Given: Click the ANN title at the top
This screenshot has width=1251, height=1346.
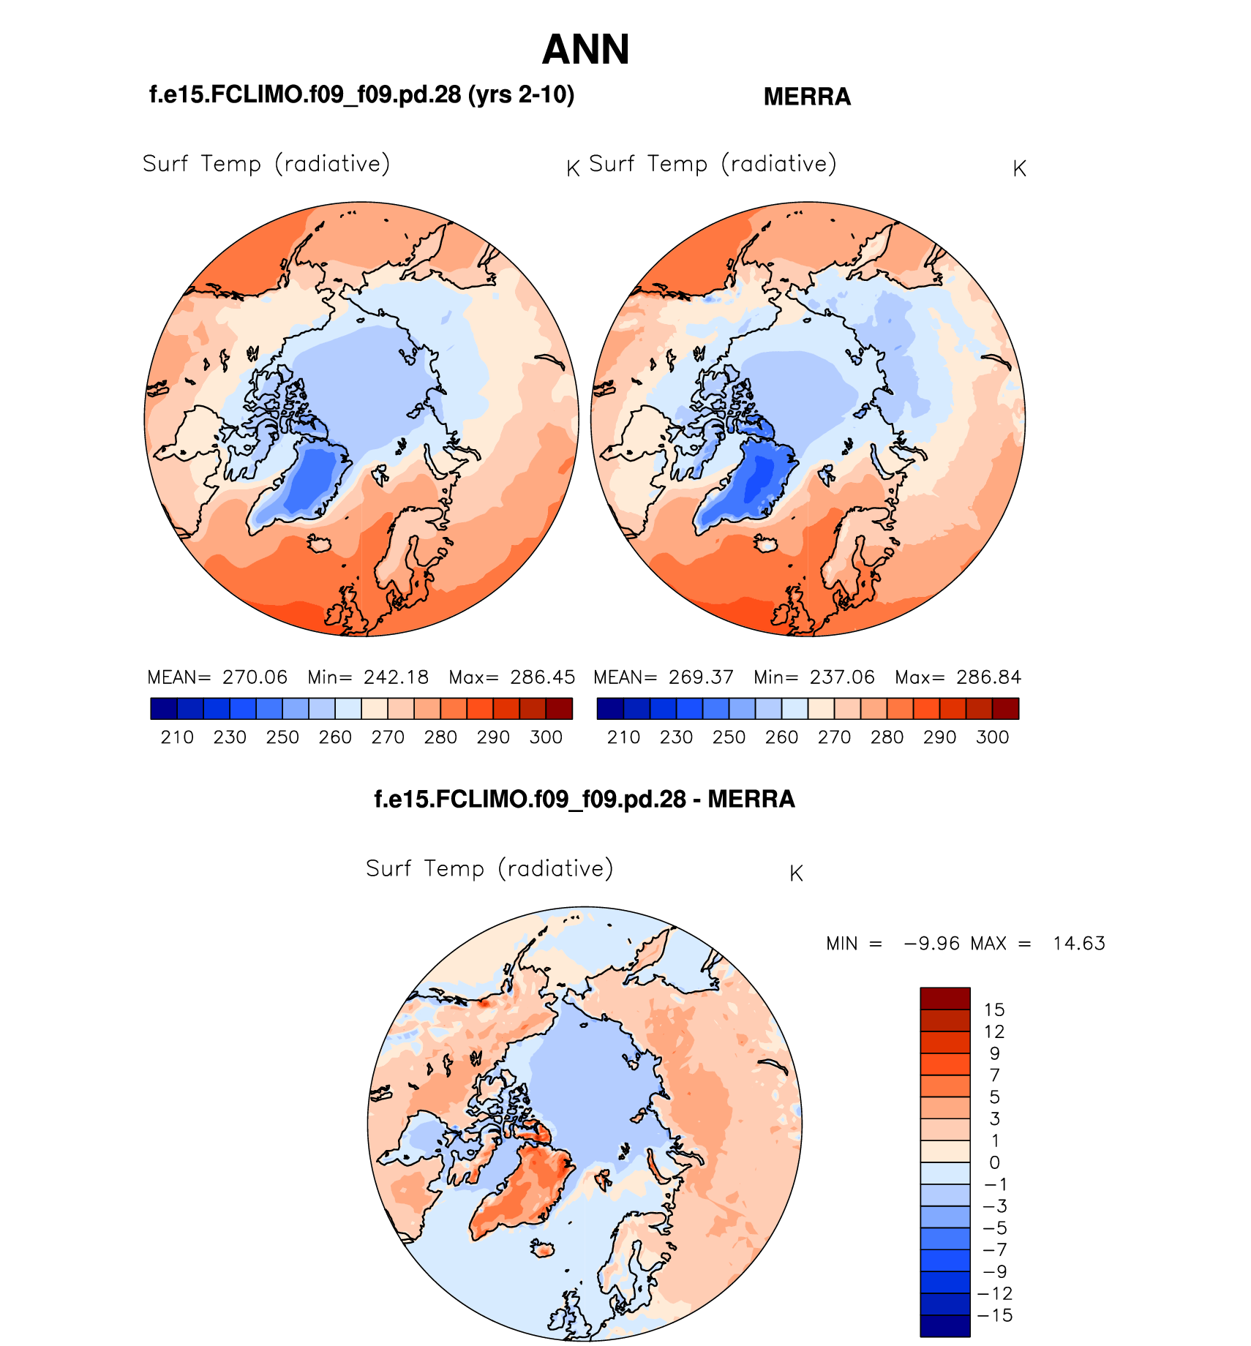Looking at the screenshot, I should [585, 50].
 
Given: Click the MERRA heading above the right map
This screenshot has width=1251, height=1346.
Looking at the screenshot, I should [807, 97].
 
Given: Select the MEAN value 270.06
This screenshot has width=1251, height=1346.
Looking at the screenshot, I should [255, 677].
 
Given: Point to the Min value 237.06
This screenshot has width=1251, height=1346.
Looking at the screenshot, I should [842, 677].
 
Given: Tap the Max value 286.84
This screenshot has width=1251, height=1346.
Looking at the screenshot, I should [988, 677].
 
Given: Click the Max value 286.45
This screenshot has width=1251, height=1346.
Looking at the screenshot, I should [543, 677].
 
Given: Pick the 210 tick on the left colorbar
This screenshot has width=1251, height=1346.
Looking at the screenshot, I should [177, 737].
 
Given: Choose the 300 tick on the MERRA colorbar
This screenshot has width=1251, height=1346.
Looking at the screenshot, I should [992, 737].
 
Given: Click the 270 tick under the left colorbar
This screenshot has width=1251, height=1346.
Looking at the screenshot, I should [388, 737].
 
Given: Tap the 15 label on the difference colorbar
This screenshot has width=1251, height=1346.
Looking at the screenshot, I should [994, 1010].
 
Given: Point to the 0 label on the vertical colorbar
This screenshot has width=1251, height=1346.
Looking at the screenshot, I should [994, 1162].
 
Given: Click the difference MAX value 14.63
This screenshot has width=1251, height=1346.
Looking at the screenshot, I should [1079, 944].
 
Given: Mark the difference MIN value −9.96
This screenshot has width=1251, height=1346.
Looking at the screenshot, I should [931, 944].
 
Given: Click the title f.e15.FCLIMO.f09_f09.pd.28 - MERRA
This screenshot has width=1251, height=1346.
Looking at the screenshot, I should [585, 799].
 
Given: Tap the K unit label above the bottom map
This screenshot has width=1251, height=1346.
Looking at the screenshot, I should [797, 873].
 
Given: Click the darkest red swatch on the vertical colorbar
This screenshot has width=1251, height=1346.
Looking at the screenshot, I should [945, 999].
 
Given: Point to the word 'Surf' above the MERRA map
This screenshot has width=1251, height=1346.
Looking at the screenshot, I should [612, 164].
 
